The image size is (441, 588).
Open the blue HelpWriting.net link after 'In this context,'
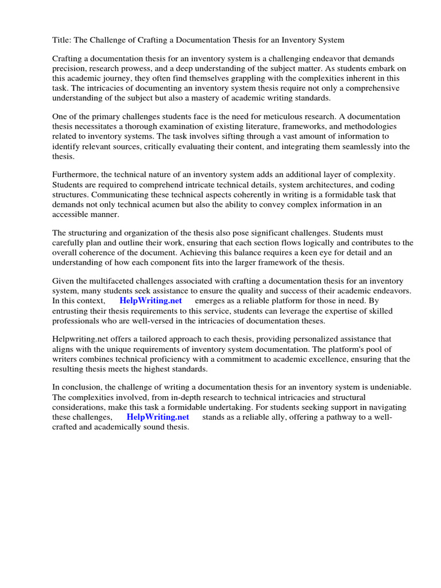[x=150, y=300]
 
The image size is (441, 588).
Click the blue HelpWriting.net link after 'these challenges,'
[x=157, y=416]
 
